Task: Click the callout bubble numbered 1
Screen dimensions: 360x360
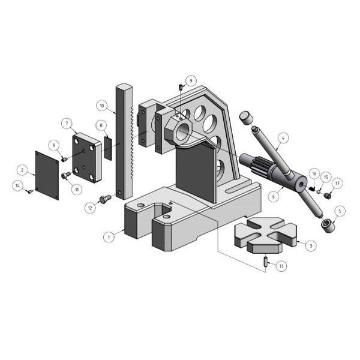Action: [109, 237]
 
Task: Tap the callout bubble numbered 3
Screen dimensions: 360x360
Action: [311, 246]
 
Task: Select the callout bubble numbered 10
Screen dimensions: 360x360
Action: [102, 106]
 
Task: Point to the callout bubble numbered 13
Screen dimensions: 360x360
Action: [281, 266]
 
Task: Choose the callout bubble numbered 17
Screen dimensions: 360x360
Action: [337, 183]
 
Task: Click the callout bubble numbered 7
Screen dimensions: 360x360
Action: [67, 123]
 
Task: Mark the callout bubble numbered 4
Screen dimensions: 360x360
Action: [283, 138]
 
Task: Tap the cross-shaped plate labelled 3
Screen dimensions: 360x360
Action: [265, 235]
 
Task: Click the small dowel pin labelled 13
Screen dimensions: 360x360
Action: [266, 262]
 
